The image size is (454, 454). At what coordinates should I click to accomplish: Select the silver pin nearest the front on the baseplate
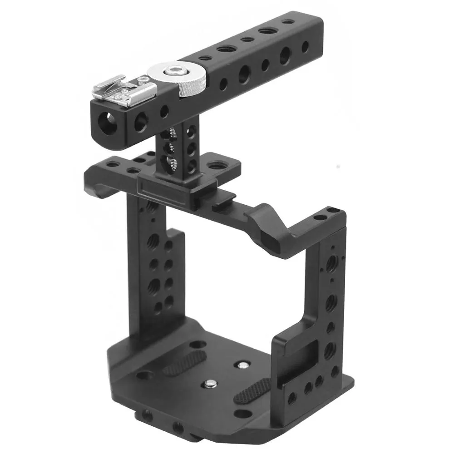pos(209,384)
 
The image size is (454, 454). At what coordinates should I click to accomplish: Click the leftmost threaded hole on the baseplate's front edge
pos(147,414)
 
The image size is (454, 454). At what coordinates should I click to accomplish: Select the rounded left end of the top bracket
pos(93,182)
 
